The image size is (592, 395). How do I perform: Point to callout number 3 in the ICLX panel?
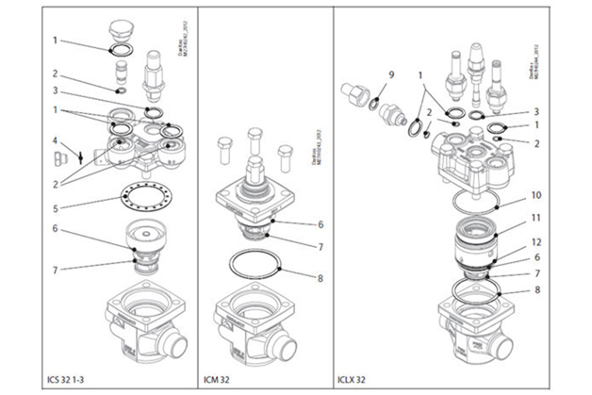(x=535, y=110)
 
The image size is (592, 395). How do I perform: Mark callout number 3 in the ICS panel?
(x=56, y=91)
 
